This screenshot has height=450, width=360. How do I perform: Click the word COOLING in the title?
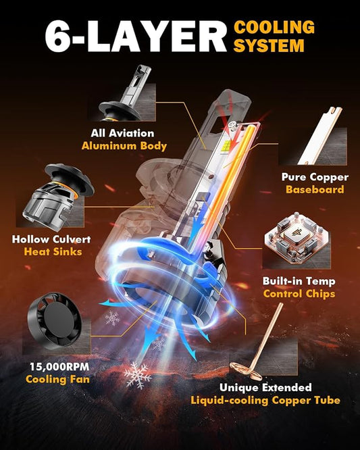(274, 28)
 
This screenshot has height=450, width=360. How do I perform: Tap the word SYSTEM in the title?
(269, 46)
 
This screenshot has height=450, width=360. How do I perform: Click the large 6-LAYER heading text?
(136, 36)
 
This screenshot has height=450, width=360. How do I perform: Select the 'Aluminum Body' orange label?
(124, 146)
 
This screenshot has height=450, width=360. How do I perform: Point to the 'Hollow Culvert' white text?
(51, 239)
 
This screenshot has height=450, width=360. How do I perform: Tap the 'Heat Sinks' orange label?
(53, 252)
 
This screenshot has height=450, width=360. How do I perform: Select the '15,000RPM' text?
(59, 366)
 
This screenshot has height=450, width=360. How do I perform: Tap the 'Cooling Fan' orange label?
(57, 380)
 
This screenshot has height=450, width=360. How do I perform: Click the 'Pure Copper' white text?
(315, 177)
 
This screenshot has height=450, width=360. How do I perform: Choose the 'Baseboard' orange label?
(315, 189)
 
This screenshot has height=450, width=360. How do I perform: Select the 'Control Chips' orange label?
(299, 294)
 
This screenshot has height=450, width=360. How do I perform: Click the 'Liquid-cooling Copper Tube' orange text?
(265, 400)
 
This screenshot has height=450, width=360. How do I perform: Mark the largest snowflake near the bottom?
(138, 375)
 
